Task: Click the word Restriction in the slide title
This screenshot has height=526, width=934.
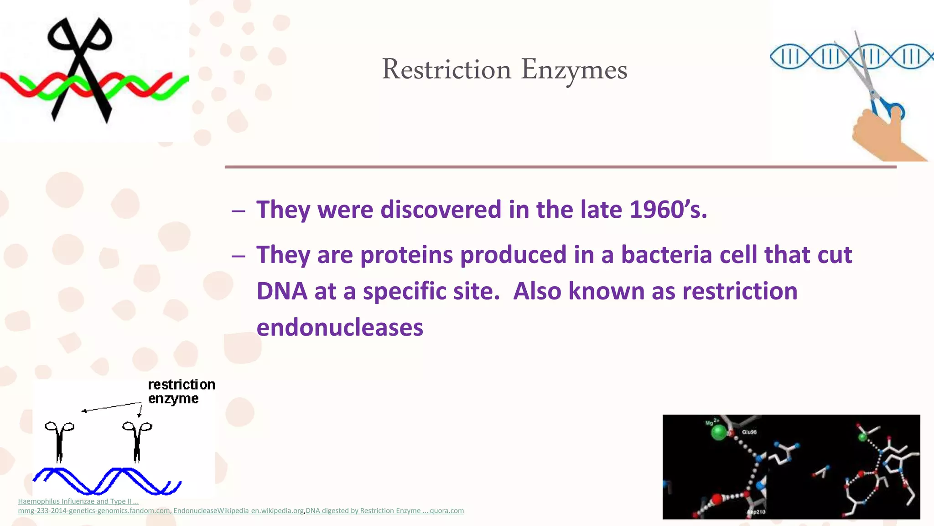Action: (x=446, y=70)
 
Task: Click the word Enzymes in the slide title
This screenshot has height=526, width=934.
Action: (x=574, y=71)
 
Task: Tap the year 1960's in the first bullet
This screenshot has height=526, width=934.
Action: (x=668, y=210)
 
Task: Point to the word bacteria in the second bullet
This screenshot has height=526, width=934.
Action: (x=666, y=255)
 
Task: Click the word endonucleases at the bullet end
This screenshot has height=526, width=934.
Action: (x=340, y=328)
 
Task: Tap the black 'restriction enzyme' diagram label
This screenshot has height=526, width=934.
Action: (x=181, y=391)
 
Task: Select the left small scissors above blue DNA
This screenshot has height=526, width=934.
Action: (x=59, y=441)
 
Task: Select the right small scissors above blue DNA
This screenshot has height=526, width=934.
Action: (x=137, y=441)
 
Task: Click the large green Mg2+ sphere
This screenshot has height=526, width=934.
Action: (x=719, y=432)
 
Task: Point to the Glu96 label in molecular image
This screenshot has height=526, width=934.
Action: (x=749, y=432)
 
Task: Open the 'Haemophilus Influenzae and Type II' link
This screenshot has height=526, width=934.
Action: (x=78, y=501)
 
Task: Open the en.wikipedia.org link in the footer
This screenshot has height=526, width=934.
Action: (x=277, y=511)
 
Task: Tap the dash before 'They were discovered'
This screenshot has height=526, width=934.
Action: (x=238, y=211)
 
